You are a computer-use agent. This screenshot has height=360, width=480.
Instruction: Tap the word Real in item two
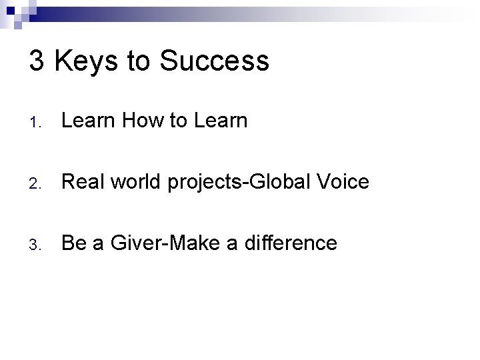pos(81,182)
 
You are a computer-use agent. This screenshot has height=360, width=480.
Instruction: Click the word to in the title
pos(138,62)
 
